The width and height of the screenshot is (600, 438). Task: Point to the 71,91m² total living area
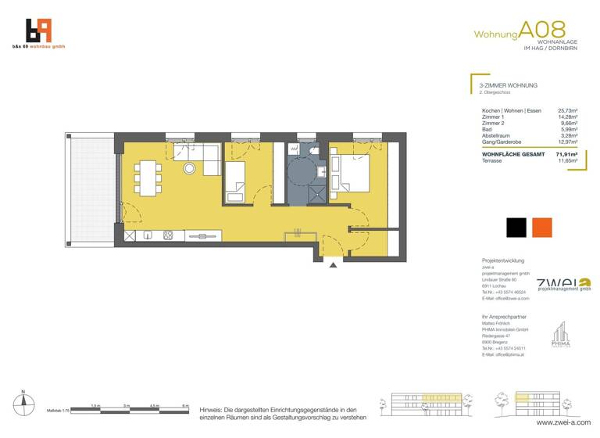pyautogui.click(x=566, y=154)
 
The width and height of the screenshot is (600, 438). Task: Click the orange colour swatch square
pyautogui.click(x=542, y=228)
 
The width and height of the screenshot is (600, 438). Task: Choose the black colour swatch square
pyautogui.click(x=516, y=228)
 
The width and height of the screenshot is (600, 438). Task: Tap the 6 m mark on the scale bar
pyautogui.click(x=184, y=405)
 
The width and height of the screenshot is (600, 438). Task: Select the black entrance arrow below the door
pyautogui.click(x=333, y=267)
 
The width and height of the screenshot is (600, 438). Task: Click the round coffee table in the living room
pyautogui.click(x=189, y=168)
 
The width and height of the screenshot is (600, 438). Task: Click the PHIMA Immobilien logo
pyautogui.click(x=563, y=336)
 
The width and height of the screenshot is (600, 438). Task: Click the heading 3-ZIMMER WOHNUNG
pyautogui.click(x=509, y=84)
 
